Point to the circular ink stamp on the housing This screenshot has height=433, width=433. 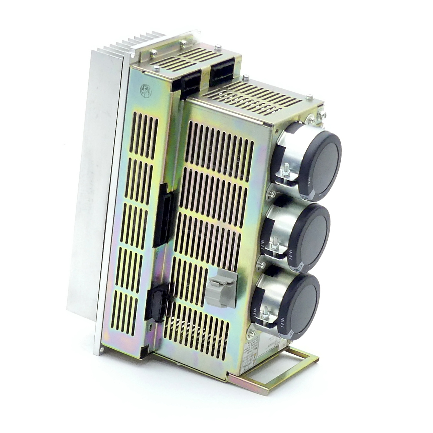(x=146, y=89)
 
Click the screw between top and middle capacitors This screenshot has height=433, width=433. (x=272, y=194)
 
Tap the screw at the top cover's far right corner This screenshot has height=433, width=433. (x=322, y=115)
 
